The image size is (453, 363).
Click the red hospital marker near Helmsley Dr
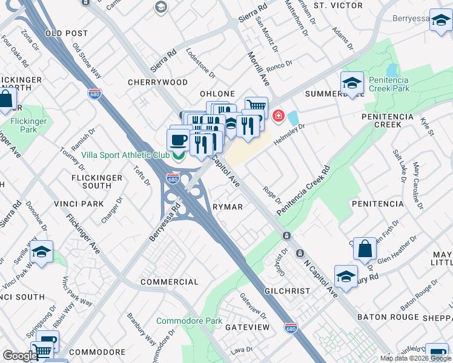click(279, 115)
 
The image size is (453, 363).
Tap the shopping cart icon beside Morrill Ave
click(256, 107)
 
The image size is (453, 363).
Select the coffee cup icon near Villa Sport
click(178, 140)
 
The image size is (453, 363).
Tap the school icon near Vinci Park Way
click(41, 252)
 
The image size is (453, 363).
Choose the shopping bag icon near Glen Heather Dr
click(365, 247)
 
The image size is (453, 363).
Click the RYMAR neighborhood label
click(228, 207)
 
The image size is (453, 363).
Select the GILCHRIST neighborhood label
click(287, 291)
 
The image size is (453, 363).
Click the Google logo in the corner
click(20, 356)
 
